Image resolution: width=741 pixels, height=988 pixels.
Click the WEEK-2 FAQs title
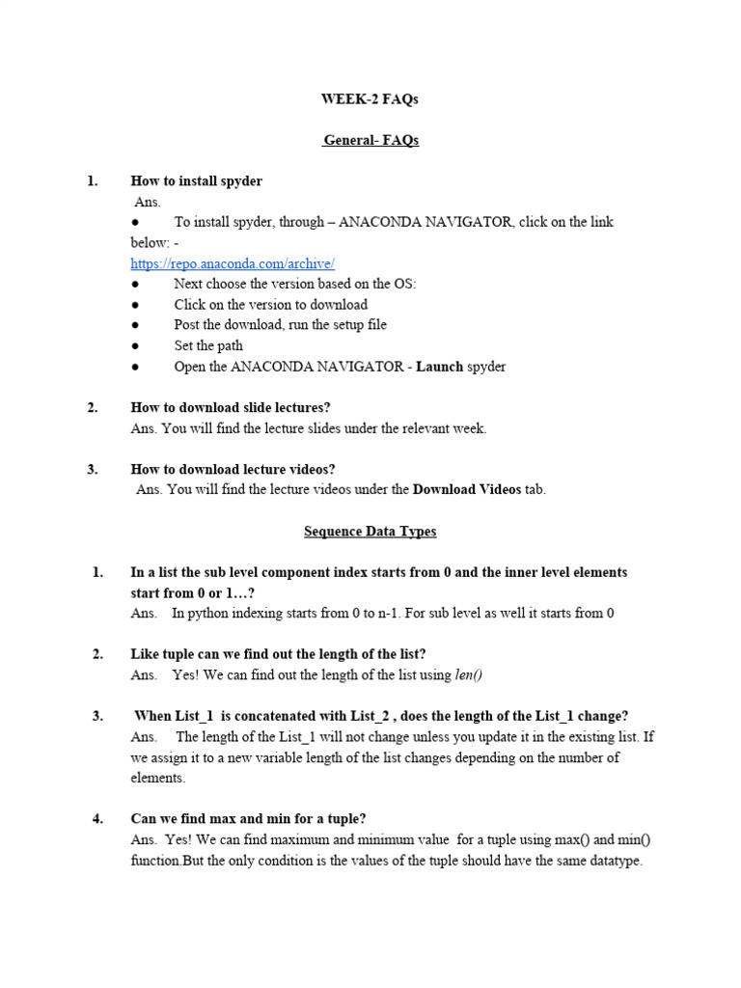coord(370,99)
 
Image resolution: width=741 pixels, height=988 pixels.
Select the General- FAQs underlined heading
coord(371,140)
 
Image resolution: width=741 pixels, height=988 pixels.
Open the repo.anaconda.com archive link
coord(233,263)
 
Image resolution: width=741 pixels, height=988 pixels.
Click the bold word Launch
coord(440,367)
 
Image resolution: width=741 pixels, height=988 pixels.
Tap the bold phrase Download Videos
coord(467,489)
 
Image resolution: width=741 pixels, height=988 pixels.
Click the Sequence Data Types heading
coord(370,531)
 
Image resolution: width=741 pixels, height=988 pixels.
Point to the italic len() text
coord(468,674)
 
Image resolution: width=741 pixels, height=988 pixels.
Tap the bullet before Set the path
coord(136,345)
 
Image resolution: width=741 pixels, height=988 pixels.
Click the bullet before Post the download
coord(136,325)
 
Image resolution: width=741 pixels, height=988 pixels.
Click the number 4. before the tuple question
coord(97,819)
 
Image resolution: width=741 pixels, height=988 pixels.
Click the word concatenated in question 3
coord(274,715)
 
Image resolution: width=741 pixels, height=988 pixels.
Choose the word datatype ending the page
coord(614,860)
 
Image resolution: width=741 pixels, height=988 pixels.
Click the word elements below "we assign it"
coord(156,778)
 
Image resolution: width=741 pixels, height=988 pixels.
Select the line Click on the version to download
coord(271,304)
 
